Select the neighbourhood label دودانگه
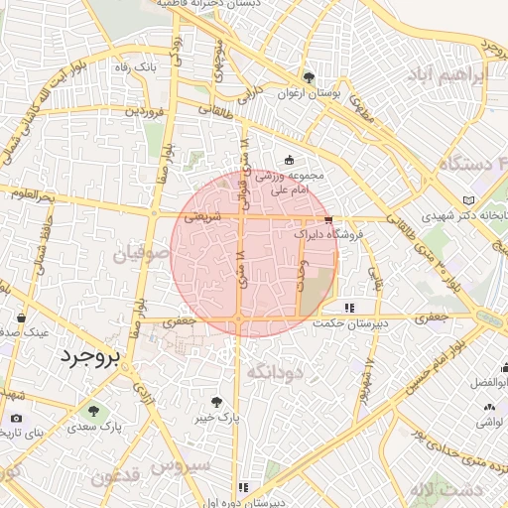pyautogui.click(x=273, y=371)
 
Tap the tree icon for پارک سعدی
pyautogui.click(x=94, y=410)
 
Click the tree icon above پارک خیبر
pyautogui.click(x=217, y=401)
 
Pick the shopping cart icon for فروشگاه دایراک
pyautogui.click(x=328, y=220)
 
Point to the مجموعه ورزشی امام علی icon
pyautogui.click(x=290, y=160)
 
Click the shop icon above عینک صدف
pyautogui.click(x=21, y=317)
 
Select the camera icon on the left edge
pyautogui.click(x=16, y=419)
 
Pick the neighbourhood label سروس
pyautogui.click(x=185, y=463)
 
